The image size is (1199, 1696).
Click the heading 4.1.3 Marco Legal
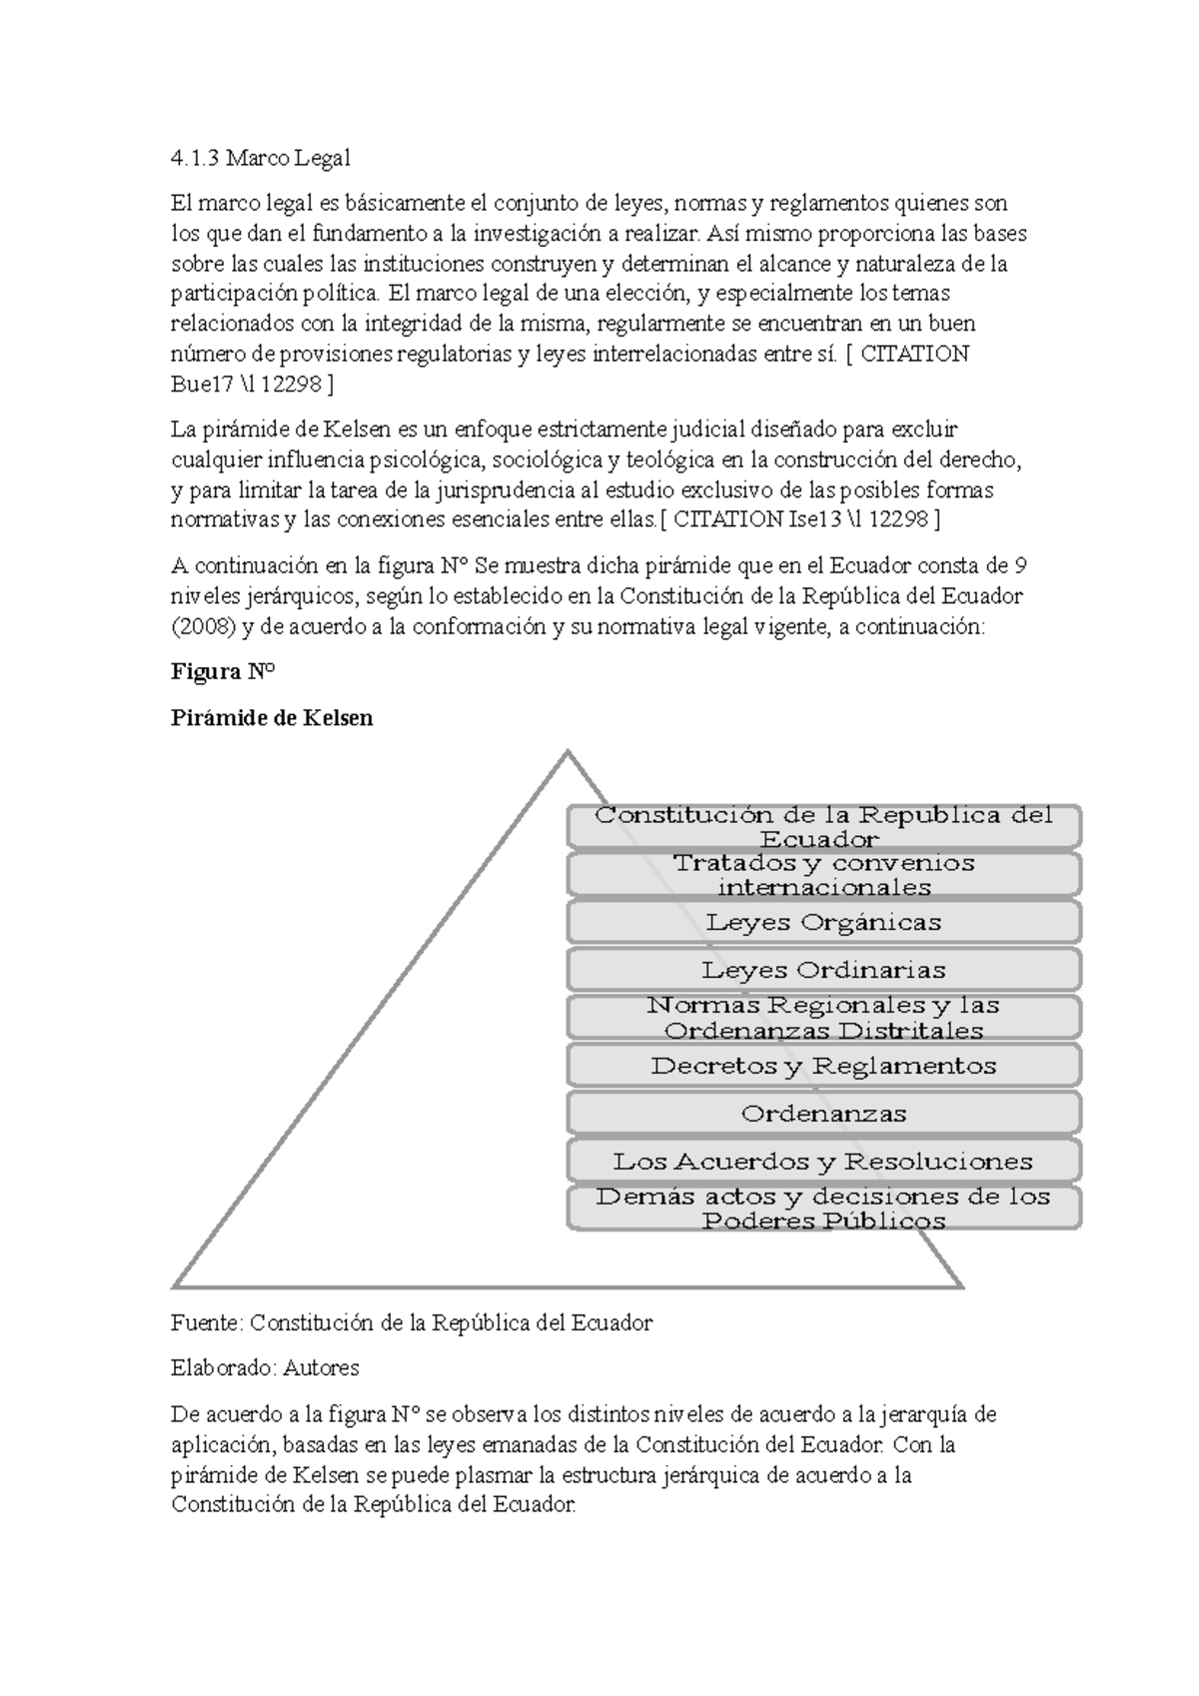[x=261, y=158]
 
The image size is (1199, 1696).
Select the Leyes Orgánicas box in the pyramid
[x=824, y=922]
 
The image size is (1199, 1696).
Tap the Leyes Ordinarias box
[x=824, y=970]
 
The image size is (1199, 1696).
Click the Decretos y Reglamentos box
[x=824, y=1066]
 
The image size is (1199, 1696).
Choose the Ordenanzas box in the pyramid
[x=824, y=1114]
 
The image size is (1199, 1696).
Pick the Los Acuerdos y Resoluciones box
[x=824, y=1162]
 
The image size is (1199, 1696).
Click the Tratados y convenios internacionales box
[x=824, y=875]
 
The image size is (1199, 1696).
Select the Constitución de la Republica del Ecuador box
[x=824, y=827]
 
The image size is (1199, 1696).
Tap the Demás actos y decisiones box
[x=824, y=1209]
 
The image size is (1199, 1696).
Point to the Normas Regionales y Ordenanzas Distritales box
[x=824, y=1018]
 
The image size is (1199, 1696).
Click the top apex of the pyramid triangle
[x=568, y=752]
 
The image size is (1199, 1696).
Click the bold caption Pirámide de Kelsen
[x=272, y=717]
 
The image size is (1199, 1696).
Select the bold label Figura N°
[x=222, y=672]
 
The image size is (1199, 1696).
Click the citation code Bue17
[x=203, y=385]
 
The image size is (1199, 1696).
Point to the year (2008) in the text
[x=203, y=627]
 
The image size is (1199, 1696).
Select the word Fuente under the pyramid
[x=206, y=1323]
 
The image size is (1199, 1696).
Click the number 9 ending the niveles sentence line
[x=1020, y=566]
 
